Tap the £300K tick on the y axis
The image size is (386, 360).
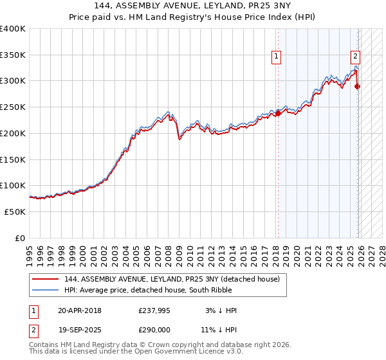(13, 81)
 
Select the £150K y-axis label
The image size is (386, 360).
(13, 159)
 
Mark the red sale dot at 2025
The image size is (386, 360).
(358, 87)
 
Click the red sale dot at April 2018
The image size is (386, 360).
(278, 113)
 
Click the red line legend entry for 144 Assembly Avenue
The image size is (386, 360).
(172, 279)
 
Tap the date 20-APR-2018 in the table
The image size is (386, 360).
(80, 310)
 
